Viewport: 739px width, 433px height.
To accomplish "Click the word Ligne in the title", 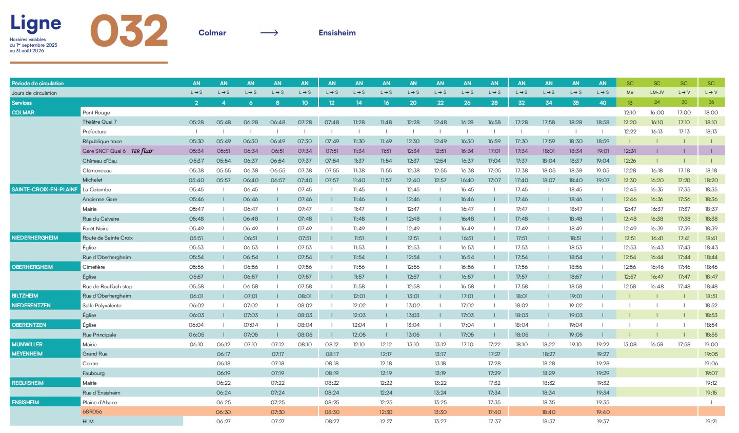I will pyautogui.click(x=35, y=24).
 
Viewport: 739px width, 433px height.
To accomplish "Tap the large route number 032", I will pyautogui.click(x=129, y=31).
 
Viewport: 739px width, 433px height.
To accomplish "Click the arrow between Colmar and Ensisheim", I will pyautogui.click(x=269, y=33).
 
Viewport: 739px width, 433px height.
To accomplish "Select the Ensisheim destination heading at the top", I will pyautogui.click(x=337, y=33).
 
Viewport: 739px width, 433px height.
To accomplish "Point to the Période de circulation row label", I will pyautogui.click(x=38, y=83).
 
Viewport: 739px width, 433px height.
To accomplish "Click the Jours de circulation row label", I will pyautogui.click(x=34, y=93).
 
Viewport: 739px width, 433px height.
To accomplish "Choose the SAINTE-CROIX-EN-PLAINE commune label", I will pyautogui.click(x=45, y=190).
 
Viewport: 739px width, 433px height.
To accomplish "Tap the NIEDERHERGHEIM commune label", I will pyautogui.click(x=35, y=238).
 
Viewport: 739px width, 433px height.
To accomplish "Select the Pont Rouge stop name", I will pyautogui.click(x=96, y=113).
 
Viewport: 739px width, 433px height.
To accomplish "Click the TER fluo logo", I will pyautogui.click(x=142, y=151).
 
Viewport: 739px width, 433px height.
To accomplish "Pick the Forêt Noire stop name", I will pyautogui.click(x=95, y=229).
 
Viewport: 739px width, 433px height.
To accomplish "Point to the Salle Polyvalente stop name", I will pyautogui.click(x=102, y=306).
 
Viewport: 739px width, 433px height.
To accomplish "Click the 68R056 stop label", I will pyautogui.click(x=92, y=412).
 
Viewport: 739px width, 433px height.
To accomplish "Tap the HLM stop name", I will pyautogui.click(x=88, y=422).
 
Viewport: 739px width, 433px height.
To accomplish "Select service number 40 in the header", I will pyautogui.click(x=603, y=103).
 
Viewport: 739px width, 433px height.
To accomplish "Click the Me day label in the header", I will pyautogui.click(x=630, y=93).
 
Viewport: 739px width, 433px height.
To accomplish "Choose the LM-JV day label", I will pyautogui.click(x=657, y=93).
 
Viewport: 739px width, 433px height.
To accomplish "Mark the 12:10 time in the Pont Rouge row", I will pyautogui.click(x=630, y=113).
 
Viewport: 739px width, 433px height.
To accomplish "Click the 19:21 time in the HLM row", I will pyautogui.click(x=711, y=422).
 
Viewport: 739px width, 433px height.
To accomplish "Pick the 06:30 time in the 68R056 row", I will pyautogui.click(x=224, y=412).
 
